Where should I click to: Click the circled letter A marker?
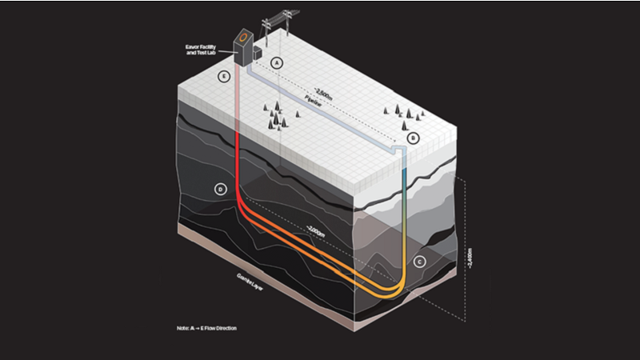click(x=277, y=61)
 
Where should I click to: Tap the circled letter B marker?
click(x=413, y=138)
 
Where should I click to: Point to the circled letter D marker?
click(x=222, y=190)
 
